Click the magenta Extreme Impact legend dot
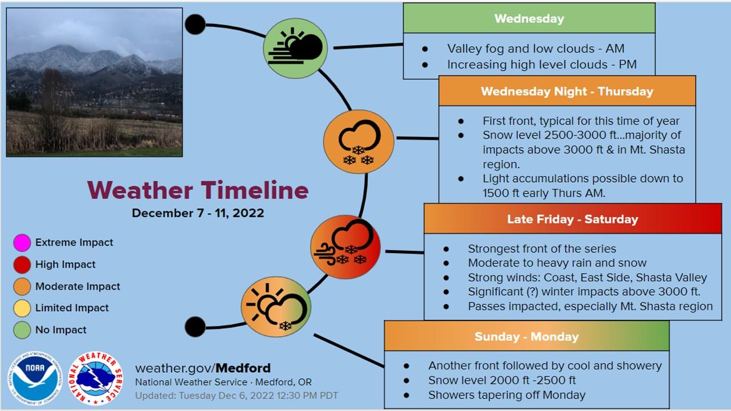pyautogui.click(x=22, y=243)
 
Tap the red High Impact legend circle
pyautogui.click(x=22, y=264)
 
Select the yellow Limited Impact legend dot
pyautogui.click(x=22, y=308)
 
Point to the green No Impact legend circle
pyautogui.click(x=22, y=330)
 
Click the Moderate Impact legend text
pyautogui.click(x=78, y=287)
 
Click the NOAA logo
pyautogui.click(x=35, y=378)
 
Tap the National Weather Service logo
pyautogui.click(x=95, y=378)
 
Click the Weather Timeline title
pyautogui.click(x=198, y=190)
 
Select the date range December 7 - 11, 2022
pyautogui.click(x=198, y=213)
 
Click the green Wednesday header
pyautogui.click(x=529, y=18)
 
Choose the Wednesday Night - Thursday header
pyautogui.click(x=567, y=91)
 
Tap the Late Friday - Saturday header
pyautogui.click(x=573, y=219)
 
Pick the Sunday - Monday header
pyautogui.click(x=527, y=336)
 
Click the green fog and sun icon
pyautogui.click(x=295, y=49)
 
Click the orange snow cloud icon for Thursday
pyautogui.click(x=359, y=142)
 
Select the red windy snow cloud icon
pyautogui.click(x=346, y=247)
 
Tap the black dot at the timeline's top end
pyautogui.click(x=195, y=25)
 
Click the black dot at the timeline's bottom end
pyautogui.click(x=195, y=327)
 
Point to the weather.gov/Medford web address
pyautogui.click(x=203, y=368)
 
